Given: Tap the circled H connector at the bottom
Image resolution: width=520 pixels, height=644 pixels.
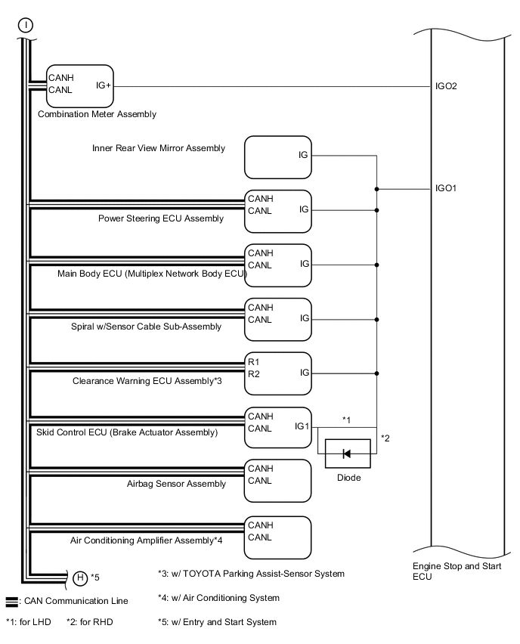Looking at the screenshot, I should click(80, 578).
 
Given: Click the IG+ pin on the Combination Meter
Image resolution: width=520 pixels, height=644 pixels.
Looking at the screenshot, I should click(104, 85).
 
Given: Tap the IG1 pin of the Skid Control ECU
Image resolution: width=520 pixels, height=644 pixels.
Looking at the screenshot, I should click(302, 426).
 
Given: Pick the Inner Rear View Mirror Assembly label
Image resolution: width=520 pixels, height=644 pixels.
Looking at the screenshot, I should click(158, 148).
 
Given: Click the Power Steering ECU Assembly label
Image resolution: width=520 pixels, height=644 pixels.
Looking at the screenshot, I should click(161, 218).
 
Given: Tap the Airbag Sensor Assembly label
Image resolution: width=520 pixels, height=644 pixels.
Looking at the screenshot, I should click(176, 484).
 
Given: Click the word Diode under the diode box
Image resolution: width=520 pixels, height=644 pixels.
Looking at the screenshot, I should click(348, 478).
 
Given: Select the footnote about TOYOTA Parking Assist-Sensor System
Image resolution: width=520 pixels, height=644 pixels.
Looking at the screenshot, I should click(251, 574).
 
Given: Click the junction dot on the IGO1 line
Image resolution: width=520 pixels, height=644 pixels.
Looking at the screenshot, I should click(376, 188).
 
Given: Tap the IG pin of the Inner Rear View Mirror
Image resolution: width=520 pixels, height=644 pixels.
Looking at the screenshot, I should click(303, 155).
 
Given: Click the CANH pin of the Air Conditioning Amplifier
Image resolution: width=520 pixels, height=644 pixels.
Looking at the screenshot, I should click(260, 525).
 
